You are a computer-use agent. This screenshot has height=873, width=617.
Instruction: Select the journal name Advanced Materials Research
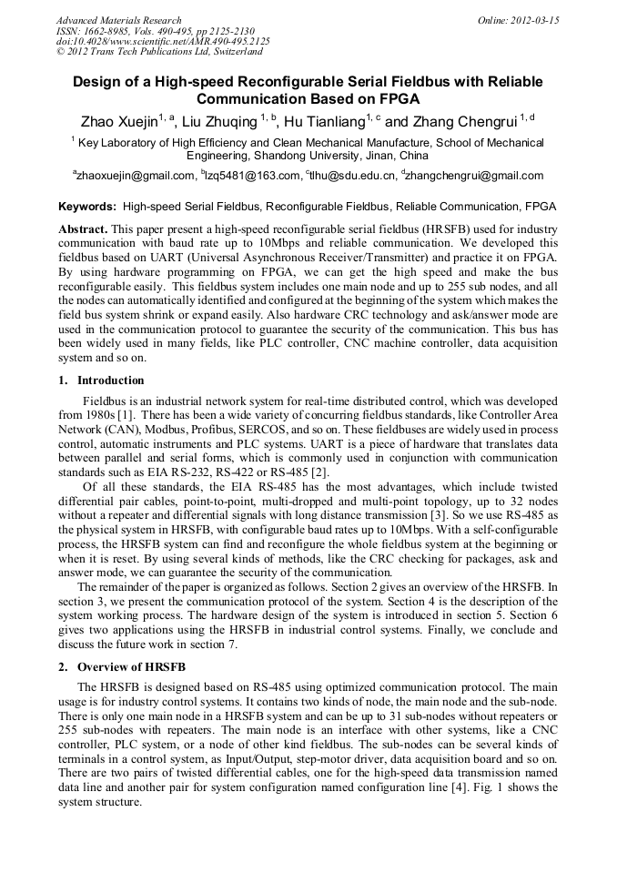click(x=118, y=20)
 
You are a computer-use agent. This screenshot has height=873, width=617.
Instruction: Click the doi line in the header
click(x=163, y=42)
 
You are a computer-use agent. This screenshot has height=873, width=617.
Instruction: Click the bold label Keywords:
click(x=87, y=208)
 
